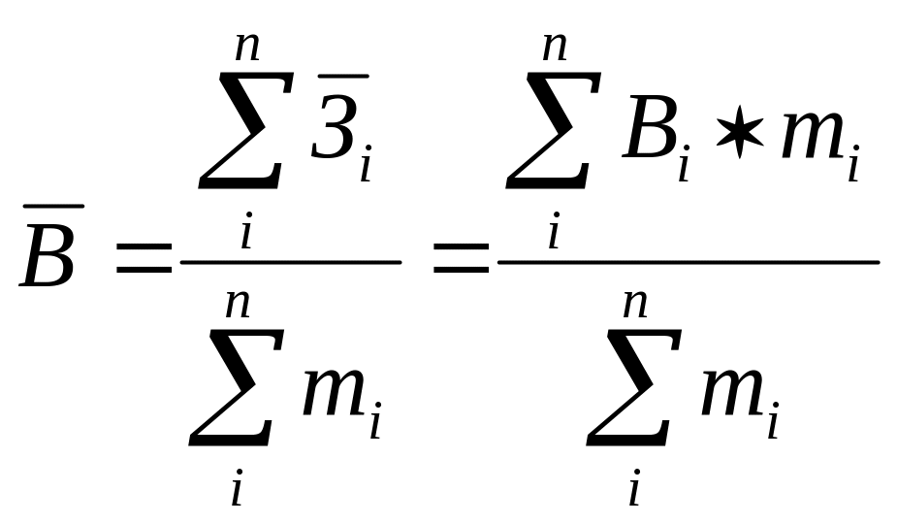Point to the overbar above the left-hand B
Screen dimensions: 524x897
pos(50,206)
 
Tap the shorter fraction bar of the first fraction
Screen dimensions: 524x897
pos(290,262)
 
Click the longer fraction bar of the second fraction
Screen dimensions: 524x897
pos(688,262)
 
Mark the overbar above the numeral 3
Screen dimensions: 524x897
pos(339,75)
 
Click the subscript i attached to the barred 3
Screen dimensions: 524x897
pos(366,168)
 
